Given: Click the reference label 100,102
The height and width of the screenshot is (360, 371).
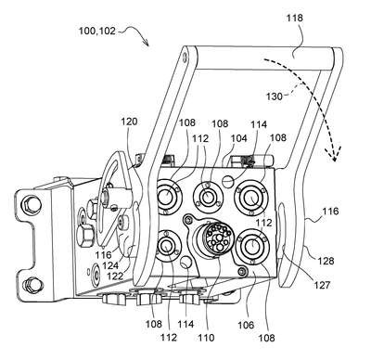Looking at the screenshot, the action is pyautogui.click(x=96, y=31).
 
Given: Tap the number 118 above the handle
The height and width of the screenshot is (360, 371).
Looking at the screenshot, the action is pyautogui.click(x=294, y=18).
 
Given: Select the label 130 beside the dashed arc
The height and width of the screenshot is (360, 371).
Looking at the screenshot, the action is pyautogui.click(x=275, y=96).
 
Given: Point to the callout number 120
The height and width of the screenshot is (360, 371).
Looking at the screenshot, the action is pyautogui.click(x=129, y=122).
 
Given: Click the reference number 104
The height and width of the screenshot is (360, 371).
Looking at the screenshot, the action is pyautogui.click(x=238, y=138).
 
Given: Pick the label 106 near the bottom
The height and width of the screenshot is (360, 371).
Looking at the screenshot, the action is pyautogui.click(x=246, y=325).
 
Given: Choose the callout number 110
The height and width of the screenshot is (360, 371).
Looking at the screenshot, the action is pyautogui.click(x=206, y=338).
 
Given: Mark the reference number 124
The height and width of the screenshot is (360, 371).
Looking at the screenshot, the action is pyautogui.click(x=110, y=265).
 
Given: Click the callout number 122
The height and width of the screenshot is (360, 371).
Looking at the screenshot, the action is pyautogui.click(x=115, y=276).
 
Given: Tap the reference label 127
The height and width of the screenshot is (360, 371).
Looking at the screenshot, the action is pyautogui.click(x=322, y=285).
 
